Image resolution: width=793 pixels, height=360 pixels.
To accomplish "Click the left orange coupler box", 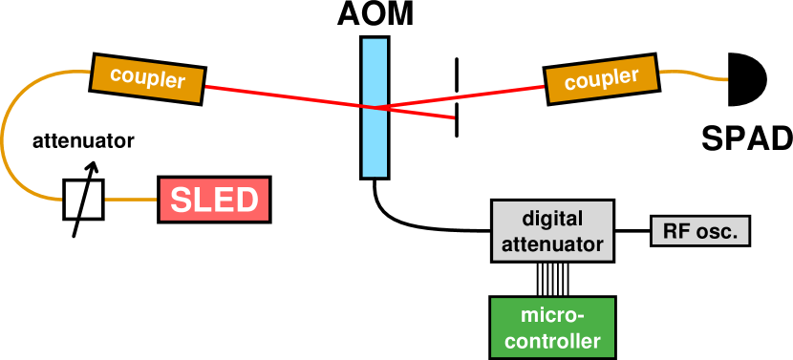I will point(147,78).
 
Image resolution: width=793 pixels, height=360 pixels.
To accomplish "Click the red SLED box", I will point(214,201).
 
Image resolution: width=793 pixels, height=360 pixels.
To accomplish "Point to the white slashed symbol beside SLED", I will point(83,200).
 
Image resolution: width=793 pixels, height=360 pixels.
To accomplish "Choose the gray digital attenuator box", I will point(552,230).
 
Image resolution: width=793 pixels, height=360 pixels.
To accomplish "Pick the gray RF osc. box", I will point(700,231).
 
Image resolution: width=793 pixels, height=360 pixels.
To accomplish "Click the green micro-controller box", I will point(552,328).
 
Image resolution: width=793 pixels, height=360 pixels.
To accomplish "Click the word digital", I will point(552,219).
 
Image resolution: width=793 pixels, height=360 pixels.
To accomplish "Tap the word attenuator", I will point(552,244).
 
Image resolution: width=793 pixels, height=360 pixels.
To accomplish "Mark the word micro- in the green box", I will point(552,316).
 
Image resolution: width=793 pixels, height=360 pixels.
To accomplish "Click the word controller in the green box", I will point(552,341).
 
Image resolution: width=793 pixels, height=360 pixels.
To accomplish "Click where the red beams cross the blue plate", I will point(375,107).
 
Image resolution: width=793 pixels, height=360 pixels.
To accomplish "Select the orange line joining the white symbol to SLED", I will point(130,200).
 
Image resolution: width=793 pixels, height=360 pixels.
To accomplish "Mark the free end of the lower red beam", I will point(452,117).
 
